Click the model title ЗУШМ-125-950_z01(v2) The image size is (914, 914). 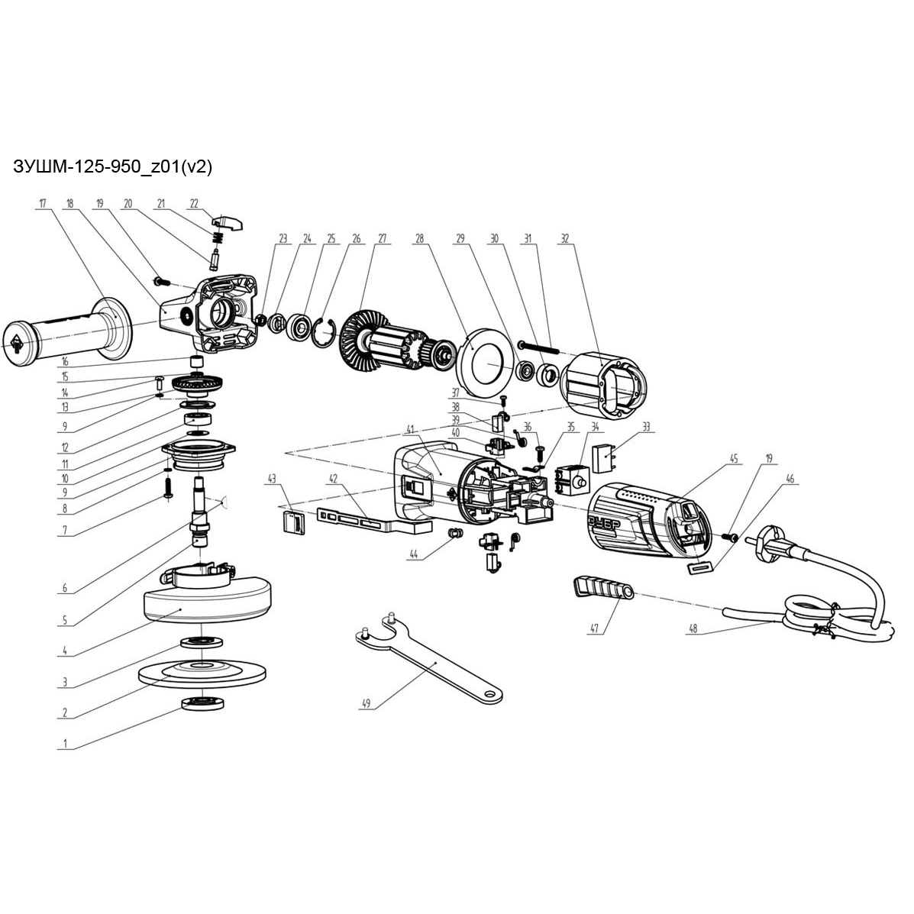pos(112,167)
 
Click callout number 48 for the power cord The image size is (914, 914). pos(693,630)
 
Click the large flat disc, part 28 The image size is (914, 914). pos(483,358)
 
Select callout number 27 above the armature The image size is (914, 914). pos(382,239)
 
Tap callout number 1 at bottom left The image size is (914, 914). pos(65,743)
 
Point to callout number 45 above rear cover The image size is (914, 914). pos(734,459)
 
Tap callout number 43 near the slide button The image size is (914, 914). pos(271,479)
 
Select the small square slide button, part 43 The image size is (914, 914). pos(293,523)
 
